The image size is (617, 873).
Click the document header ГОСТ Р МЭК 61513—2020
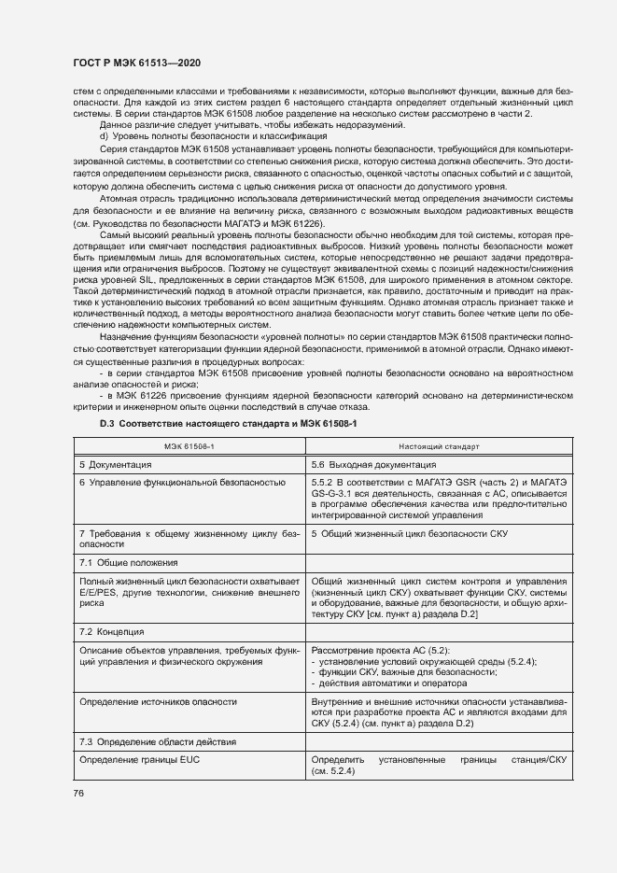coord(136,63)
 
